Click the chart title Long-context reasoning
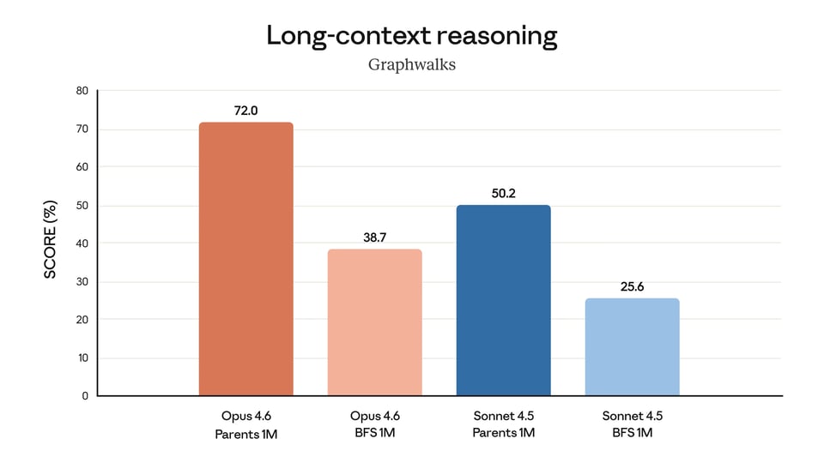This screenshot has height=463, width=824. (412, 35)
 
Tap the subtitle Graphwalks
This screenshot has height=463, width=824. (412, 64)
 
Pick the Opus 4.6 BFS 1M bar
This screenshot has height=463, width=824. (374, 322)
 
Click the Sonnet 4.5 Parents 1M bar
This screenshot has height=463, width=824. (503, 300)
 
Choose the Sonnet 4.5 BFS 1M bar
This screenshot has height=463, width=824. (632, 347)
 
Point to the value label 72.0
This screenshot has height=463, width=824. (245, 111)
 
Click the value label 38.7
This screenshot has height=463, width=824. (374, 237)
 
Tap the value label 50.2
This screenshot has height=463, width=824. (503, 193)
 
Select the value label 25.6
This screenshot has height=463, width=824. (632, 286)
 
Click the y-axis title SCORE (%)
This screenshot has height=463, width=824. (51, 239)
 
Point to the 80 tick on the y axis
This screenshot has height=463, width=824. (82, 91)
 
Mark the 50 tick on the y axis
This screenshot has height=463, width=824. (82, 206)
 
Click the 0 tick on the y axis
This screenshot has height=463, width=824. (85, 396)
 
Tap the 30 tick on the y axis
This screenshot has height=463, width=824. (82, 282)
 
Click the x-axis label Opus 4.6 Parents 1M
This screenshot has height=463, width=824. (245, 424)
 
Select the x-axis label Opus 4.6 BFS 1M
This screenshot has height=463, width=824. (374, 424)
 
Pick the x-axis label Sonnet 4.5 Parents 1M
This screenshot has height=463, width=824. (503, 424)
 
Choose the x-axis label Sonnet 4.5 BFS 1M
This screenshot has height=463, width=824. (632, 424)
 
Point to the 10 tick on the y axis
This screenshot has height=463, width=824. (82, 358)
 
